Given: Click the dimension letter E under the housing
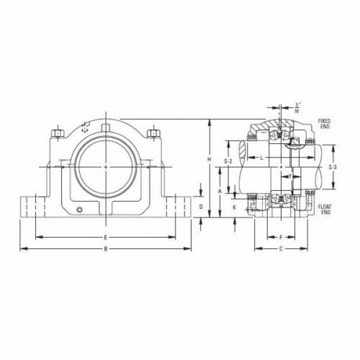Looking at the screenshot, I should tap(107, 236).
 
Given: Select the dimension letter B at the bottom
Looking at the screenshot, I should tap(107, 249).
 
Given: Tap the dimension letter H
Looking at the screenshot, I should tap(209, 158).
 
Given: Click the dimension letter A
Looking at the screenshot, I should tap(220, 192).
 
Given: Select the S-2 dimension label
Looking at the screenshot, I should tap(228, 161).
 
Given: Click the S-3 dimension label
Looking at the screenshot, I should tap(332, 167).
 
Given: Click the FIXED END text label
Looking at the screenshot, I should tap(325, 124).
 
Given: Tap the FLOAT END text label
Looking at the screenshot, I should tap(325, 210).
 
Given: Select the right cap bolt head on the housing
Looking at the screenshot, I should tap(152, 132).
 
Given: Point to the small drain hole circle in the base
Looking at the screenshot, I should tap(81, 210).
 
